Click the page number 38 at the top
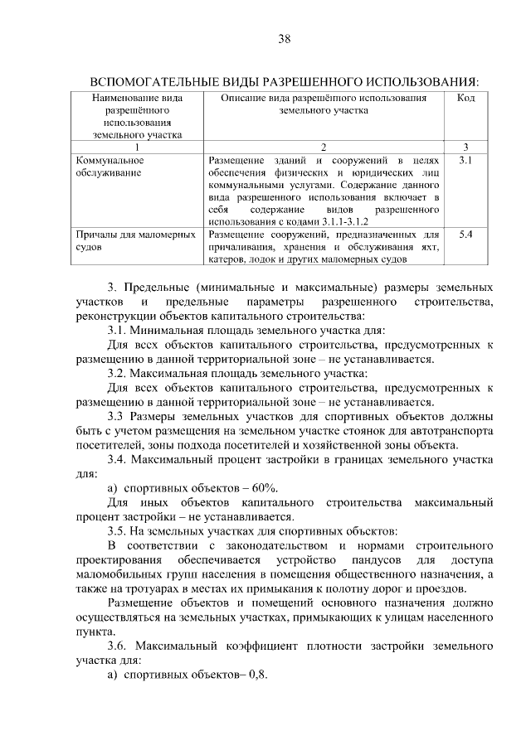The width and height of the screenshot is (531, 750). pos(284,39)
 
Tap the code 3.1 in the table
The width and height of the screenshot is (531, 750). pos(465,159)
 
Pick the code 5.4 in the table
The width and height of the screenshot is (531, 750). pos(465,235)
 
